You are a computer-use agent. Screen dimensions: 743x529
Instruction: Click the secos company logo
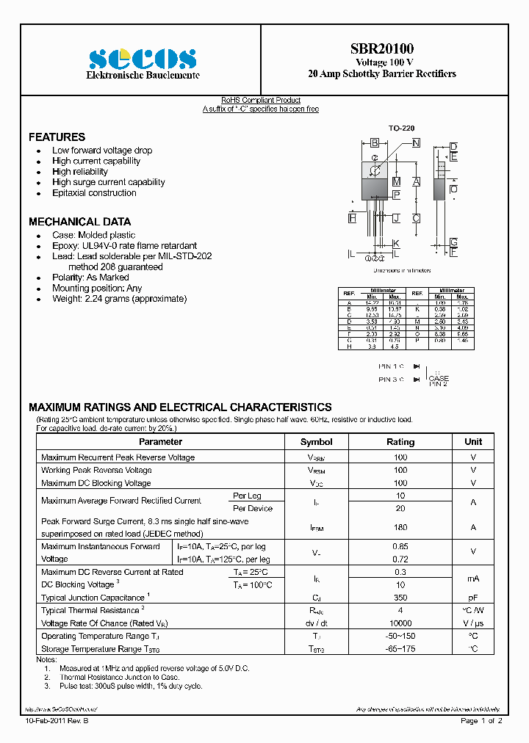[x=143, y=59]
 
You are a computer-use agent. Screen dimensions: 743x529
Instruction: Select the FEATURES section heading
[x=57, y=137]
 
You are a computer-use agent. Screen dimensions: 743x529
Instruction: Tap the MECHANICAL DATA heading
[x=79, y=222]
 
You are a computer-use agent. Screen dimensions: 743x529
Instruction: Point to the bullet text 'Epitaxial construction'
[x=94, y=193]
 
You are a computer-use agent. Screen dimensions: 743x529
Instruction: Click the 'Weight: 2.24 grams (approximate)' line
[x=119, y=299]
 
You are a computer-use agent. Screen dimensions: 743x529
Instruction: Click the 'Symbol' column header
[x=316, y=442]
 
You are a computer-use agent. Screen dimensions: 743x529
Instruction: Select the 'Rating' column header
[x=400, y=442]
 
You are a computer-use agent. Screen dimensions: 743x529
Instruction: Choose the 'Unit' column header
[x=473, y=441]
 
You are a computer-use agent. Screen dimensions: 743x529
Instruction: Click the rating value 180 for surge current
[x=400, y=527]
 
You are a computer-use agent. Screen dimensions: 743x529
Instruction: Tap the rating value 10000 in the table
[x=400, y=623]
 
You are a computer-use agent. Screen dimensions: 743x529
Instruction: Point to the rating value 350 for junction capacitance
[x=400, y=598]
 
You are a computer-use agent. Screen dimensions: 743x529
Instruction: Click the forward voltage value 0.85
[x=400, y=546]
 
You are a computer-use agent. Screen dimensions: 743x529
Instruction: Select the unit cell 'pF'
[x=473, y=598]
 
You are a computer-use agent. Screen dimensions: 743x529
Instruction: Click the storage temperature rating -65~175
[x=400, y=648]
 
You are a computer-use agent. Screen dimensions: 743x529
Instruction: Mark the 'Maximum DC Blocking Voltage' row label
[x=96, y=483]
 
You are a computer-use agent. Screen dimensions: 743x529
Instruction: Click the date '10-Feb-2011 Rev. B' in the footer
[x=62, y=722]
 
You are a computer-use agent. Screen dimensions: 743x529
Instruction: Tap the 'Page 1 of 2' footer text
[x=481, y=722]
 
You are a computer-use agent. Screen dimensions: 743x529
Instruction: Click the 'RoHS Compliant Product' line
[x=261, y=101]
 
